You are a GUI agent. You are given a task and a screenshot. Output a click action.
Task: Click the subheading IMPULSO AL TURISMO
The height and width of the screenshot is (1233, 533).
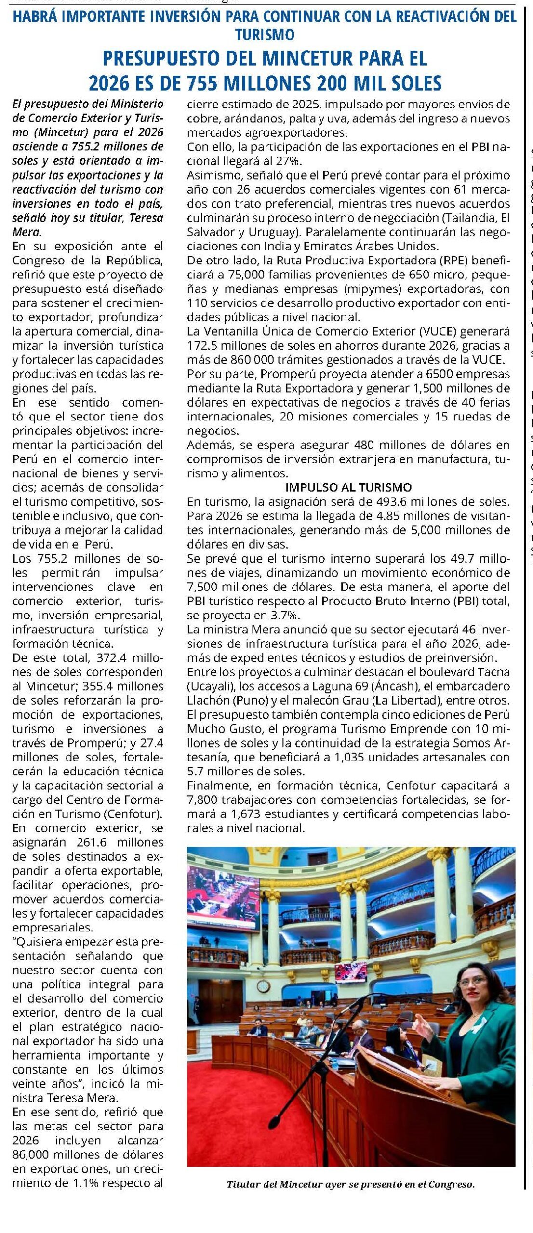[x=348, y=487]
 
